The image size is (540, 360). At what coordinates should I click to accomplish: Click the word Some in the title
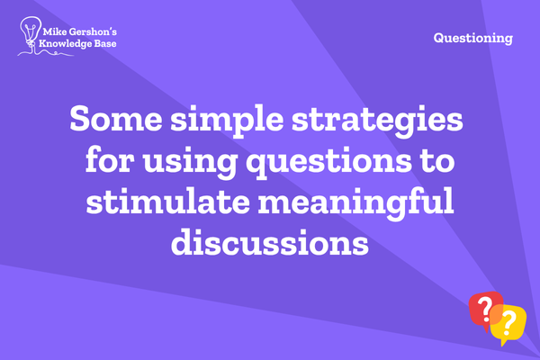(116, 118)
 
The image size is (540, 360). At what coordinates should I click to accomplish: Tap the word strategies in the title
(377, 121)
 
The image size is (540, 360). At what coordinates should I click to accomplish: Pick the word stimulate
(168, 202)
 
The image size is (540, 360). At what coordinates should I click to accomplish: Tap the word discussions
(270, 241)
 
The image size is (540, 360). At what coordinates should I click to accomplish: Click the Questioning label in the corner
(473, 38)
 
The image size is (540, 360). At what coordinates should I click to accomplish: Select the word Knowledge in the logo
(64, 44)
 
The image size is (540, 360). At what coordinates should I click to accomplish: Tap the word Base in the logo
(104, 43)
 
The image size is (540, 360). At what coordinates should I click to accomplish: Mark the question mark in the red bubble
(485, 308)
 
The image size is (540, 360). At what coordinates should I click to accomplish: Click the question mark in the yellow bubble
(508, 323)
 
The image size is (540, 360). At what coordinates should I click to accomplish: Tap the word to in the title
(437, 161)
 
